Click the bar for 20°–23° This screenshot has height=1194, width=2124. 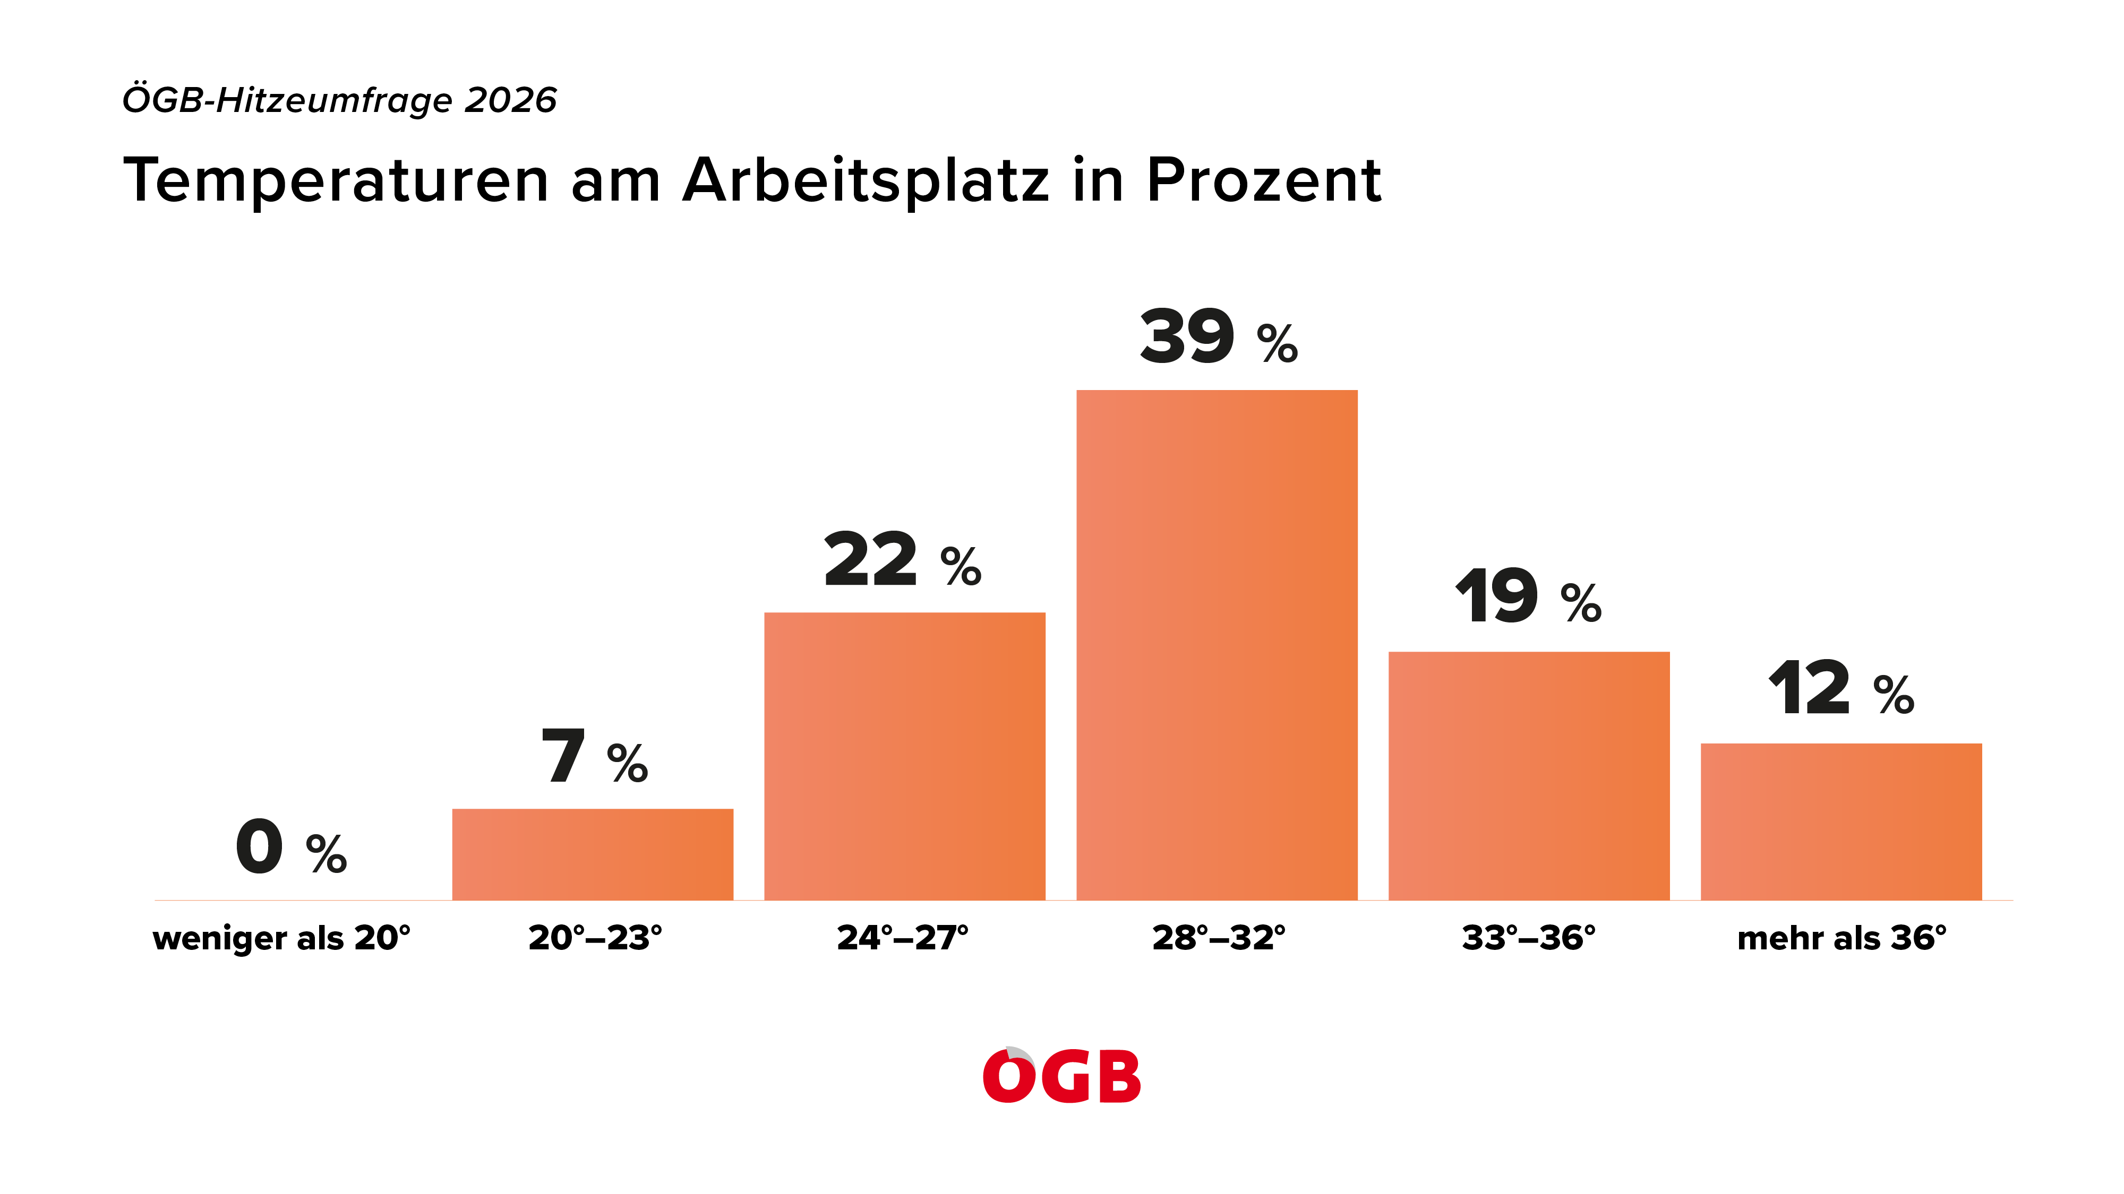point(592,854)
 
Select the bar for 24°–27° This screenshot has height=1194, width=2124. point(904,756)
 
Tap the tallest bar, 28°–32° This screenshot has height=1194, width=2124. point(1217,644)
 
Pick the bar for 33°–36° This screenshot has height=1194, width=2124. point(1529,775)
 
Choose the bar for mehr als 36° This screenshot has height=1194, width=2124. point(1841,821)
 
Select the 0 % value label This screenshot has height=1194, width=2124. point(291,846)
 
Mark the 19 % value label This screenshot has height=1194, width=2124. point(1528,596)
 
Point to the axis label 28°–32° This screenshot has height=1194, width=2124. point(1219,938)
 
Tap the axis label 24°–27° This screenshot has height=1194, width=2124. point(903,938)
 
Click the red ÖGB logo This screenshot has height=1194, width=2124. point(1062,1075)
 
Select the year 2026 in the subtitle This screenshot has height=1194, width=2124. point(511,100)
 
